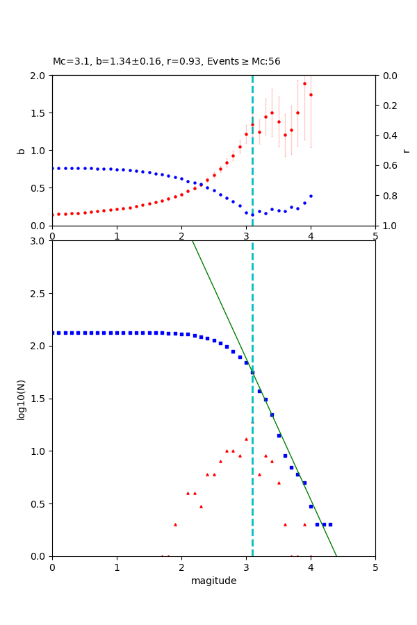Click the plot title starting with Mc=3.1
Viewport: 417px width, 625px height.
[167, 62]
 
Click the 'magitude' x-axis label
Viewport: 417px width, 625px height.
[213, 581]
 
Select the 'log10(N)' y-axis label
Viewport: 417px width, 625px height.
[21, 399]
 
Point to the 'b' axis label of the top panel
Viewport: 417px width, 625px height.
[21, 151]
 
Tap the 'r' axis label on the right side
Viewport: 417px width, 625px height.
[406, 151]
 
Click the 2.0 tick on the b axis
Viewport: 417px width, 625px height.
[39, 75]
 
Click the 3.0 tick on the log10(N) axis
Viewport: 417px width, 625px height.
[39, 241]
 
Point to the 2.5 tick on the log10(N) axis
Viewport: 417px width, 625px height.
[39, 294]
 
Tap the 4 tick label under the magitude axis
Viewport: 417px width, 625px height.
[311, 567]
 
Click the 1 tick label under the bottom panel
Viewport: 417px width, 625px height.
[117, 567]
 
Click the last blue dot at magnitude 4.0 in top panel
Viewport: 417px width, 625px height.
[311, 196]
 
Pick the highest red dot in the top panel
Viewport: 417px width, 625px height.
[304, 83]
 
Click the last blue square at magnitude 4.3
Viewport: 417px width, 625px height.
[330, 524]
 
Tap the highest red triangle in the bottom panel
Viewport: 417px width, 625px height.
[246, 439]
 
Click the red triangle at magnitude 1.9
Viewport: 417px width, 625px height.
[175, 524]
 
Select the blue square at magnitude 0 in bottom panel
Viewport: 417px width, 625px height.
[53, 333]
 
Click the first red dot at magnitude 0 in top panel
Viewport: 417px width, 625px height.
[53, 215]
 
